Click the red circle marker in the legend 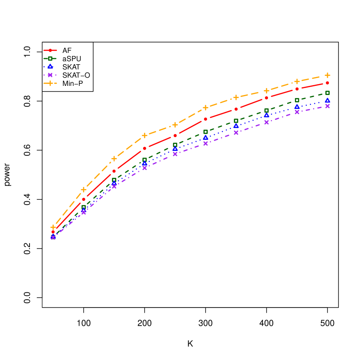pyautogui.click(x=50, y=50)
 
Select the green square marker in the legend pyautogui.click(x=50, y=58)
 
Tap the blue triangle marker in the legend pyautogui.click(x=50, y=66)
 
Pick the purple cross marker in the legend pyautogui.click(x=50, y=75)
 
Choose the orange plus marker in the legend pyautogui.click(x=50, y=83)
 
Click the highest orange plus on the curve pyautogui.click(x=327, y=75)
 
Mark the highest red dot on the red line pyautogui.click(x=327, y=82)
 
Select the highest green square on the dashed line pyautogui.click(x=327, y=93)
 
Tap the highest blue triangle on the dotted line pyautogui.click(x=327, y=100)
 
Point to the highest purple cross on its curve pyautogui.click(x=327, y=106)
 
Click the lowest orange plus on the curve pyautogui.click(x=53, y=227)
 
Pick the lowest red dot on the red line pyautogui.click(x=53, y=232)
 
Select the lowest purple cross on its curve pyautogui.click(x=53, y=237)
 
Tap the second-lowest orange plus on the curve pyautogui.click(x=84, y=190)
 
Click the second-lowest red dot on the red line pyautogui.click(x=84, y=200)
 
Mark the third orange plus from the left pyautogui.click(x=114, y=159)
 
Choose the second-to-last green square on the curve pyautogui.click(x=297, y=100)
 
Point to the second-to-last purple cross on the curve pyautogui.click(x=297, y=112)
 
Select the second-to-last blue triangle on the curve pyautogui.click(x=297, y=106)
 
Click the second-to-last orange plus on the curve pyautogui.click(x=297, y=81)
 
